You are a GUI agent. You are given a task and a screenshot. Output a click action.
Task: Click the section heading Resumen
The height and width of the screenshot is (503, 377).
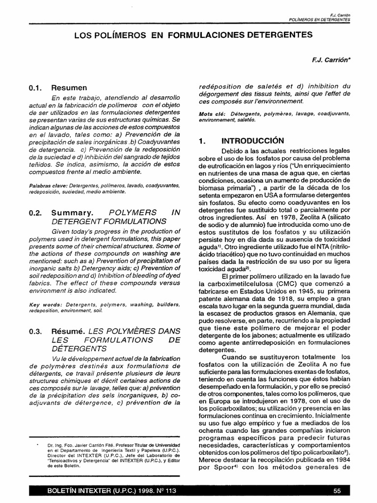point(69,88)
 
